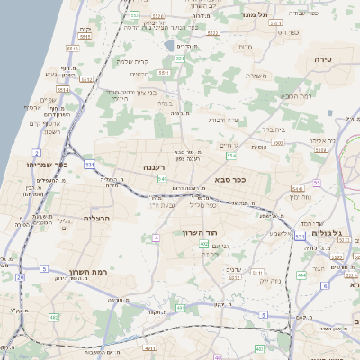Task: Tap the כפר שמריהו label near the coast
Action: tap(43, 165)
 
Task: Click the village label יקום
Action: tap(86, 30)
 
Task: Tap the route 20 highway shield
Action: tap(20, 277)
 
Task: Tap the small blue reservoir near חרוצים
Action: tap(168, 44)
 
